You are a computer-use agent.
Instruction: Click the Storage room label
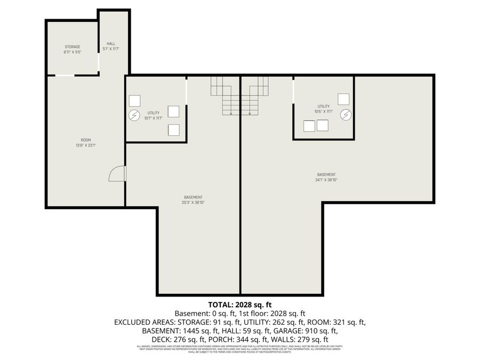tap(72, 50)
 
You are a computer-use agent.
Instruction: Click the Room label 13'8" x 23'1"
tap(85, 142)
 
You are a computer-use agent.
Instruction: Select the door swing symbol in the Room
tap(117, 174)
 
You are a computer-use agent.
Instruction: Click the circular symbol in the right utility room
tap(346, 114)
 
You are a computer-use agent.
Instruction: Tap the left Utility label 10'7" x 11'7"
tap(153, 116)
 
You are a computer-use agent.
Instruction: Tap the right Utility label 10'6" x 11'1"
tap(324, 109)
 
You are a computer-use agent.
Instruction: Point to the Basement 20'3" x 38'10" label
tap(193, 200)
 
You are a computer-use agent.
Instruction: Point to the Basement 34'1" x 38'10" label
tap(326, 178)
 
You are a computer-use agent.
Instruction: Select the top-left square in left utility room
tap(134, 100)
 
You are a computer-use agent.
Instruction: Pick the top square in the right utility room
tap(343, 99)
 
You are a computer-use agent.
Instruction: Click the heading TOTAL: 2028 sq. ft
tap(240, 305)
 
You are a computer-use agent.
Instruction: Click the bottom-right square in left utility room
tap(173, 130)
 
